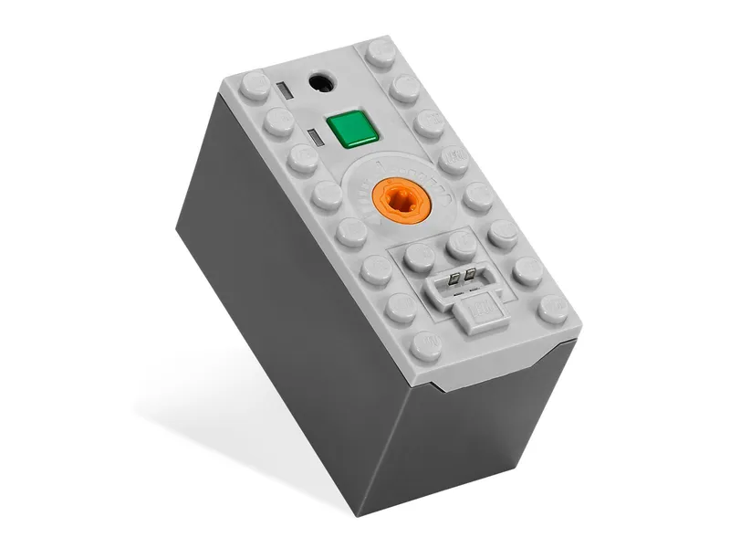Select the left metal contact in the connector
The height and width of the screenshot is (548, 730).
tap(454, 277)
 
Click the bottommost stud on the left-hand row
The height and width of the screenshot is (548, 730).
tap(426, 346)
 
